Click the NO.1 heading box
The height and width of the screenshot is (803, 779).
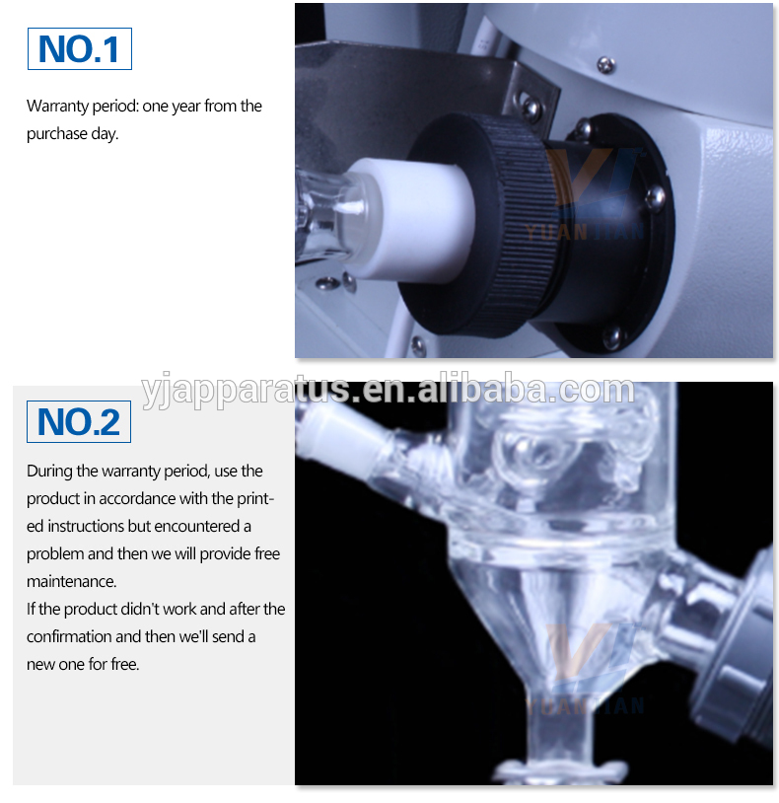click(x=79, y=49)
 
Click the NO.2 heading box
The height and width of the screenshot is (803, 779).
click(x=79, y=421)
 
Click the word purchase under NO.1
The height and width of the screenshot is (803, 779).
click(x=57, y=134)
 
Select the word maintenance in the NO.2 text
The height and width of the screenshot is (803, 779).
click(x=71, y=582)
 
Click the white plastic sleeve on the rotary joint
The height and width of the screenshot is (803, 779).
click(x=419, y=220)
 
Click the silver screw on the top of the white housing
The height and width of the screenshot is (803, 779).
click(x=606, y=64)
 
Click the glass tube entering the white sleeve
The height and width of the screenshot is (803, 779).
click(x=327, y=217)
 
